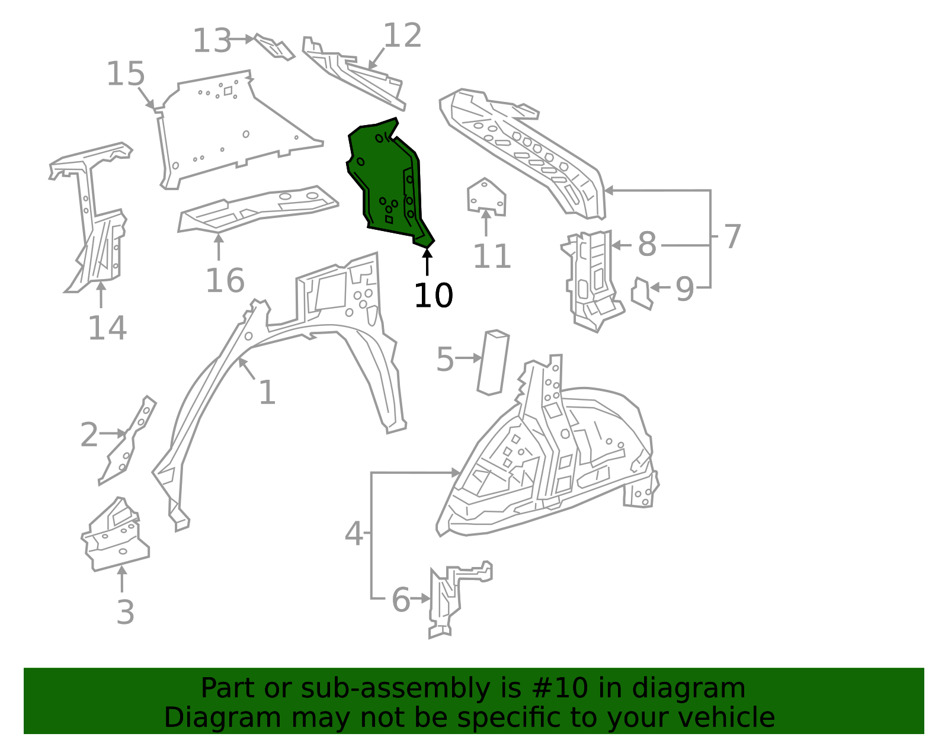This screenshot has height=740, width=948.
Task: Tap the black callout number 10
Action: click(433, 295)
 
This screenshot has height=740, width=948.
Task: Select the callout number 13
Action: click(212, 41)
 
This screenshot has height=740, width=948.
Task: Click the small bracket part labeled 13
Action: click(274, 47)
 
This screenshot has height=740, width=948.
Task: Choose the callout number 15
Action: click(126, 75)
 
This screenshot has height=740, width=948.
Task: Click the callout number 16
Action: click(225, 280)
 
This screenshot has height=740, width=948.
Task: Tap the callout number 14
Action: click(107, 328)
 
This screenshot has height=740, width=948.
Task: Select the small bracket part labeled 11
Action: click(486, 197)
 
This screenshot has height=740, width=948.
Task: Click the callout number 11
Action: click(491, 257)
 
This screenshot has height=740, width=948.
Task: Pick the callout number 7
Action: click(732, 236)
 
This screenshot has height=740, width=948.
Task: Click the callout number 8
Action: click(647, 244)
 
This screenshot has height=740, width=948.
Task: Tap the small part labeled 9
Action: click(642, 293)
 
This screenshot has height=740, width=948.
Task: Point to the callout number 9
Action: click(684, 289)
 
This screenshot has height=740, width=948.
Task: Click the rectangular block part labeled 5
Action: click(493, 362)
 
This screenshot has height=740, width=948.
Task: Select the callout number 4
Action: click(354, 534)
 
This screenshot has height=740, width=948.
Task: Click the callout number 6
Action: click(401, 600)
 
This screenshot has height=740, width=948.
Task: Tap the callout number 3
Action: click(125, 611)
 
